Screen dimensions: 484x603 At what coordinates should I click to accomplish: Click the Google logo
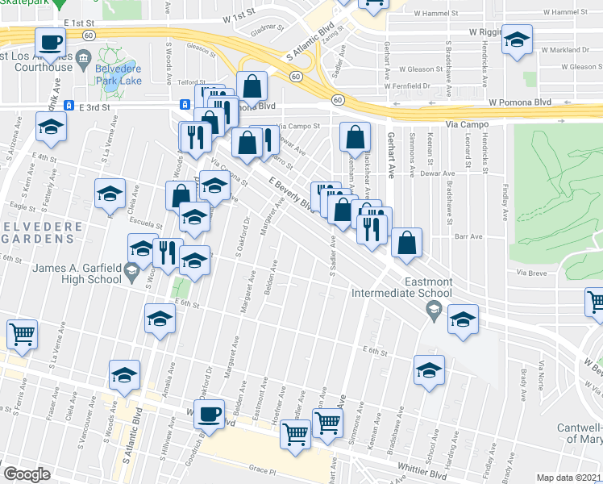tap(27, 474)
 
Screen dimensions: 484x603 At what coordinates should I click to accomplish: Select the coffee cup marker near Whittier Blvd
tap(210, 415)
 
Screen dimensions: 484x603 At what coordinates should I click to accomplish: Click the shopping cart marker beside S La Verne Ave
tap(23, 333)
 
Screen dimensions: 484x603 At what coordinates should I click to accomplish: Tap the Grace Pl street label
tap(263, 469)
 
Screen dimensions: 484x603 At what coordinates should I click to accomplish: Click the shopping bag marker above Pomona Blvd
tap(252, 85)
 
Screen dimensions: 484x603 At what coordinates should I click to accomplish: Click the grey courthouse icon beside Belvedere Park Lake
tap(82, 59)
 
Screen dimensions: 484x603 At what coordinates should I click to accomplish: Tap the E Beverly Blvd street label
tap(291, 194)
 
